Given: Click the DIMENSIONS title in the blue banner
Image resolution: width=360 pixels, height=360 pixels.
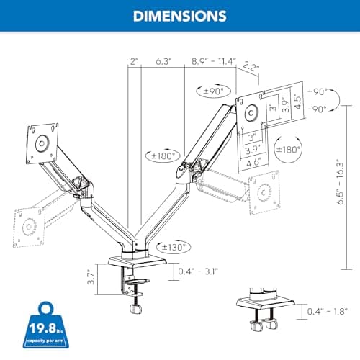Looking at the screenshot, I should click(179, 16).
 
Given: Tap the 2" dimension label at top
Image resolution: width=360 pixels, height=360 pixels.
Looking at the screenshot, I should click(134, 62).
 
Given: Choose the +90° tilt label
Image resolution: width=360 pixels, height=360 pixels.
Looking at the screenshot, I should click(317, 92).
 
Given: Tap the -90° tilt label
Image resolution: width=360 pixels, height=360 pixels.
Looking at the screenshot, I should click(317, 108).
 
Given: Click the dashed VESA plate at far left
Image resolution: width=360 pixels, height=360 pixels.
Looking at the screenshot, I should click(27, 221).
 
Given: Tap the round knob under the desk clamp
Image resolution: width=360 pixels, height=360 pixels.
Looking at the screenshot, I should click(134, 310).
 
